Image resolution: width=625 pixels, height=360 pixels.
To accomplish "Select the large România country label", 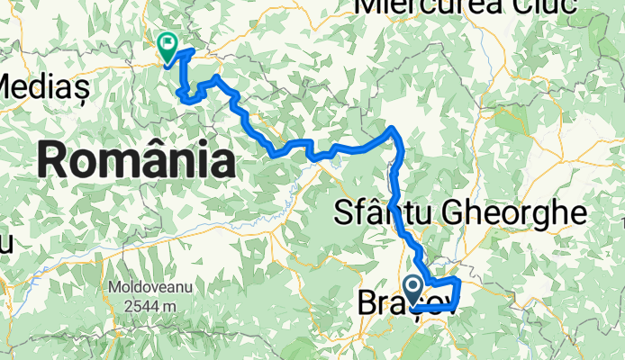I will (137, 162).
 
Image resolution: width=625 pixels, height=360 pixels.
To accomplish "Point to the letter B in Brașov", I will (368, 302).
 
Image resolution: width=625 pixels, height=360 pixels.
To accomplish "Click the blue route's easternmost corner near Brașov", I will (459, 283).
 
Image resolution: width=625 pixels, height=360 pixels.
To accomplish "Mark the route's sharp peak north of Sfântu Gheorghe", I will (393, 130).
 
